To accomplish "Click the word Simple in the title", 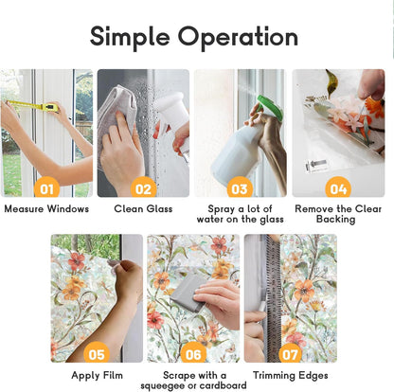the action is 130,37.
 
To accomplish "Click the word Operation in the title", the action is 238,37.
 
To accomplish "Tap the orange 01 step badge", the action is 46,188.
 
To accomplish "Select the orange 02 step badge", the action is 144,188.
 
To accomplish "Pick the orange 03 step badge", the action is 240,188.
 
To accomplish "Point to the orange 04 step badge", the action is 338,188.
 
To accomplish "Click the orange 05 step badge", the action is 97,354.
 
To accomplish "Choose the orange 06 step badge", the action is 193,354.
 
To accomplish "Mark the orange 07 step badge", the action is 290,354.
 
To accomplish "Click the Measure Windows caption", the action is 46,208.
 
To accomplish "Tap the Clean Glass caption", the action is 143,208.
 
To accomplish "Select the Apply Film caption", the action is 97,375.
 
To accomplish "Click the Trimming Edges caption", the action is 291,375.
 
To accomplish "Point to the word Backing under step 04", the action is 336,219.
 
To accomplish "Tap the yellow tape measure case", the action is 51,107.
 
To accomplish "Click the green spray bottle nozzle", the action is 269,106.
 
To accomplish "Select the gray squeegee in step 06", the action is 187,293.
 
